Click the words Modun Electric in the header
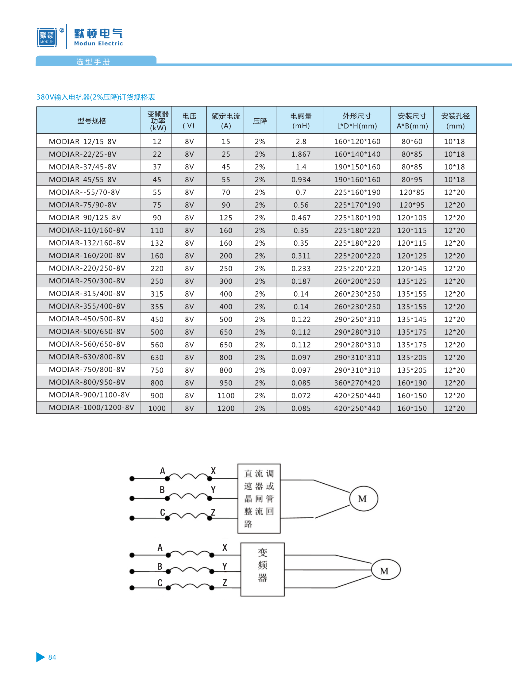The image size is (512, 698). click(98, 44)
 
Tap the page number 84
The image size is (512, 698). click(52, 657)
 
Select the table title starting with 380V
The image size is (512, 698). click(95, 97)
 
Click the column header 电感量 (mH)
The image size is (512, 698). click(301, 121)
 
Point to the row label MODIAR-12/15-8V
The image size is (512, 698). click(83, 142)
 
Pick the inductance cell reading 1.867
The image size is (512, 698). click(301, 154)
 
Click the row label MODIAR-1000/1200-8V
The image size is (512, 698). click(91, 407)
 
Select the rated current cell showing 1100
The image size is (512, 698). click(225, 396)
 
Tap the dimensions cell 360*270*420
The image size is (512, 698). click(357, 383)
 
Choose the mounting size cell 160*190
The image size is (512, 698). click(412, 383)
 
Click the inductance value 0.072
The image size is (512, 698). click(301, 396)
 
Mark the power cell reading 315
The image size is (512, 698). click(157, 294)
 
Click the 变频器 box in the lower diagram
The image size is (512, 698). click(262, 569)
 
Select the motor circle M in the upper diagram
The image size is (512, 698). click(363, 498)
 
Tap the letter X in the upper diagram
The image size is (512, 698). click(213, 471)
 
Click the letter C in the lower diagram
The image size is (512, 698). click(160, 583)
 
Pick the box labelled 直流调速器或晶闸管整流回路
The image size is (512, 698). click(259, 498)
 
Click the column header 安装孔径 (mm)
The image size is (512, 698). click(455, 121)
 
